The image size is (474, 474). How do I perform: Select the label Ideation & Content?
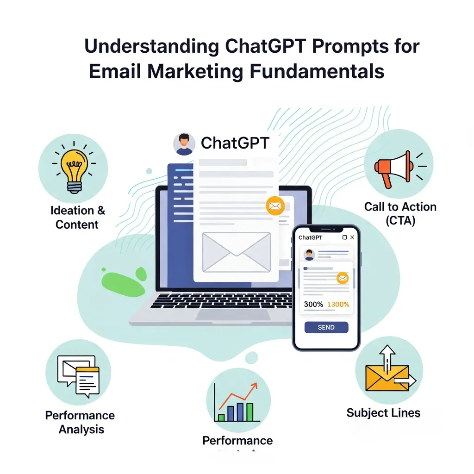pos(77,218)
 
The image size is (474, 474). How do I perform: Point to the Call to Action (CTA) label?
pos(400,213)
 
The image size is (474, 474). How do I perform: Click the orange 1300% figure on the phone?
pos(338,305)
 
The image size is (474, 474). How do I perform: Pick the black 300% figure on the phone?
pos(313,305)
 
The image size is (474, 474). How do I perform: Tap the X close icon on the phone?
pos(352,237)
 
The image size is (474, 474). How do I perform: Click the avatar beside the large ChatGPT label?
pos(184,144)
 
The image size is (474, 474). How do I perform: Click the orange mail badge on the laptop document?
pos(275,206)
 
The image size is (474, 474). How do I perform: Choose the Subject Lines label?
pos(383,412)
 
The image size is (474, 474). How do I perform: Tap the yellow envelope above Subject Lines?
pos(387,377)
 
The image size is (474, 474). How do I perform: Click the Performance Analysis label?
pos(80,422)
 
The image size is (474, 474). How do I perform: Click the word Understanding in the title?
pos(151,47)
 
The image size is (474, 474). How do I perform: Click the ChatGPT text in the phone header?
pos(310,237)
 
